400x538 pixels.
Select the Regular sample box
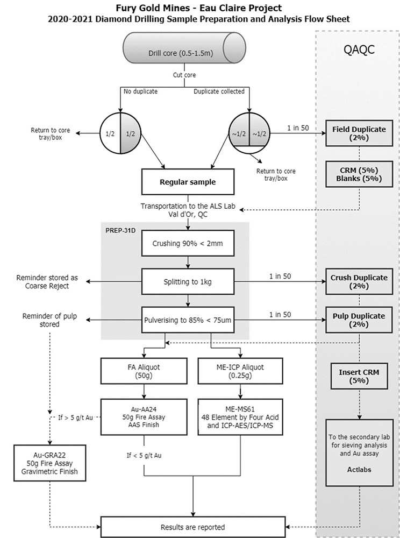tap(187, 182)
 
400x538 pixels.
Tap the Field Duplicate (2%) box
tap(355, 133)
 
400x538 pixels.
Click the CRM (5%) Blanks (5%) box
tap(355, 175)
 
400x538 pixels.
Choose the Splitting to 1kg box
tap(187, 281)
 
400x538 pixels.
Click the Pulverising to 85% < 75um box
tap(187, 320)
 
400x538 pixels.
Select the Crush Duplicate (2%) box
tap(355, 281)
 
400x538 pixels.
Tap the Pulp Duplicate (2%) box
tap(355, 320)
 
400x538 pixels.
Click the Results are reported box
tap(192, 527)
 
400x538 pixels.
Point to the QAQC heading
tap(359, 50)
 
